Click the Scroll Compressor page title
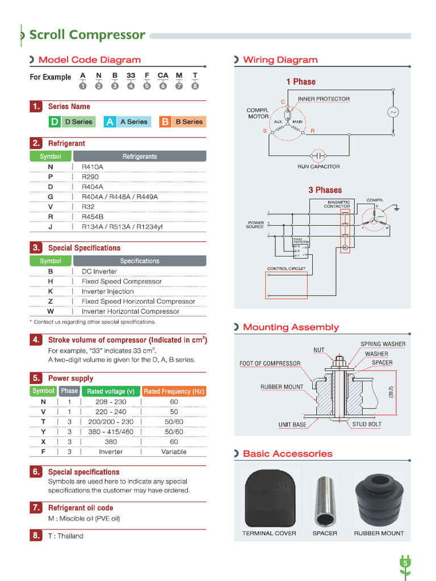pos(87,35)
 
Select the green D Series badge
pos(71,121)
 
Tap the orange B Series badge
pos(182,121)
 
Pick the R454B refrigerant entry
pos(93,217)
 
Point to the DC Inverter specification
pos(99,271)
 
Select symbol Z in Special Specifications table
pos(51,301)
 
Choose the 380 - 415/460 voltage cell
pos(111,432)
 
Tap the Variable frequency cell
pos(174,452)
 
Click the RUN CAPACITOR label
pos(318,167)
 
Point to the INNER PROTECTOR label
pos(324,99)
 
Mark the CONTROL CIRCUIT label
pos(286,268)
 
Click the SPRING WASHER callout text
pos(383,344)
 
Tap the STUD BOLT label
pos(367,424)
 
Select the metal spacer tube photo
pos(325,500)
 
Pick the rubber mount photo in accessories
pos(379,499)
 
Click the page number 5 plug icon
pos(405,564)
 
